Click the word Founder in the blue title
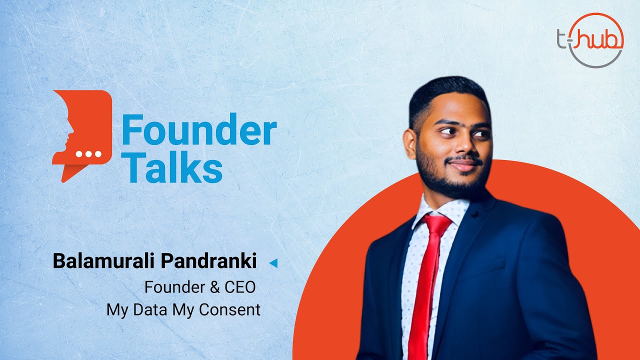pos(199,129)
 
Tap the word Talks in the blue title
pos(172,167)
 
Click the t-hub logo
pos(590,40)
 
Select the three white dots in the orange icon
pos(88,154)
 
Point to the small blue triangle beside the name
pos(273,263)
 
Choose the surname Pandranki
pos(209,261)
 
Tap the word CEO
pos(240,287)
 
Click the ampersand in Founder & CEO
pos(214,287)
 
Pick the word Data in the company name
pos(150,309)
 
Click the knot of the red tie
pos(436,224)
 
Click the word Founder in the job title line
pos(175,287)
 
